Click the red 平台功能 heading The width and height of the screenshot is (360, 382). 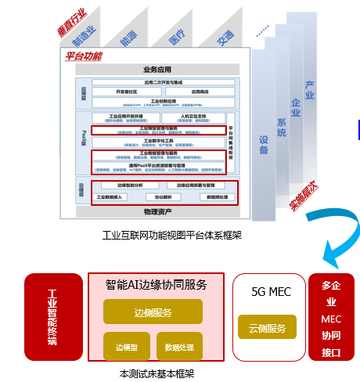tap(82, 56)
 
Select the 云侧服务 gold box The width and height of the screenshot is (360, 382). tap(268, 327)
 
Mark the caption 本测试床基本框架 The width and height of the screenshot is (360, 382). tap(157, 374)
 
